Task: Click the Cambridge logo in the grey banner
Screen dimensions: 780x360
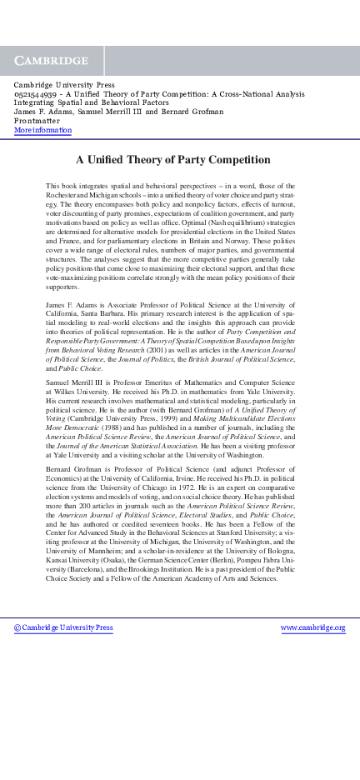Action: pos(52,61)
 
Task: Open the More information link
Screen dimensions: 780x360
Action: pos(42,130)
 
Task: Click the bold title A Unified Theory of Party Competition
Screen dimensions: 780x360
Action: pos(173,159)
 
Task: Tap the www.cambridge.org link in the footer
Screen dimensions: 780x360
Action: pos(312,627)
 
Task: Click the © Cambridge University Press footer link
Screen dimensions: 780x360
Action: pos(63,627)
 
